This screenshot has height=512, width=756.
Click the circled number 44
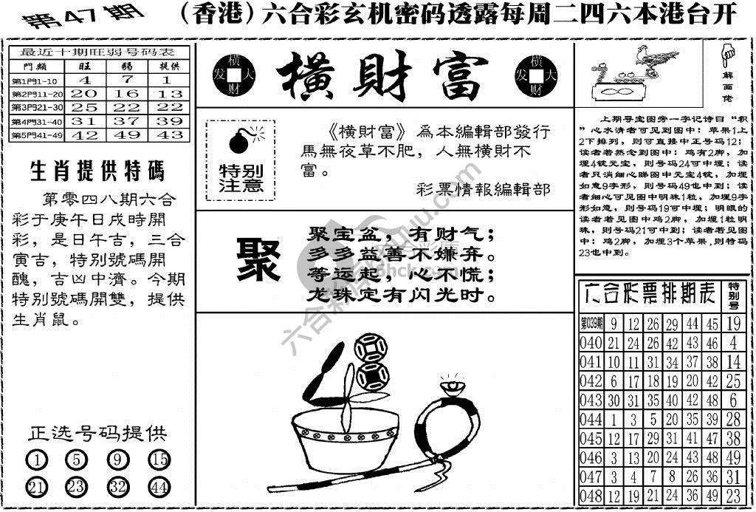click(x=159, y=487)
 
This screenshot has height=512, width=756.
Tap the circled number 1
click(x=36, y=460)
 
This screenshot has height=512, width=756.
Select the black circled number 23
click(x=77, y=487)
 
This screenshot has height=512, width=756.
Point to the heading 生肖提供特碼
click(x=97, y=171)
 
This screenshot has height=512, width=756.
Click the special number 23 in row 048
click(x=733, y=495)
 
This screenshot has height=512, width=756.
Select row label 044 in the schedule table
click(x=591, y=419)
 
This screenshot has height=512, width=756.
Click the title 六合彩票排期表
click(x=647, y=295)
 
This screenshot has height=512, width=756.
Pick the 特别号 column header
click(x=733, y=295)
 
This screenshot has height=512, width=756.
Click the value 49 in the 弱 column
click(x=126, y=135)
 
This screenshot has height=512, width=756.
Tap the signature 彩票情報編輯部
click(x=483, y=189)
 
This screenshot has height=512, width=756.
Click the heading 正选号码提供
click(x=97, y=434)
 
